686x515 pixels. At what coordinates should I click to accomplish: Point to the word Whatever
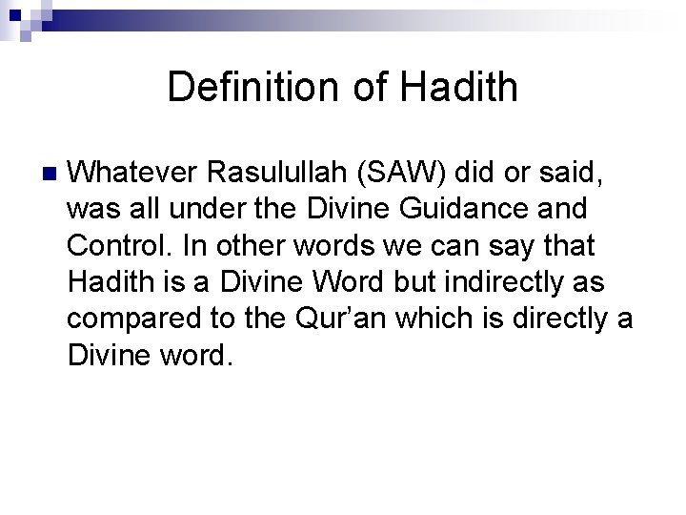pos(133,174)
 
